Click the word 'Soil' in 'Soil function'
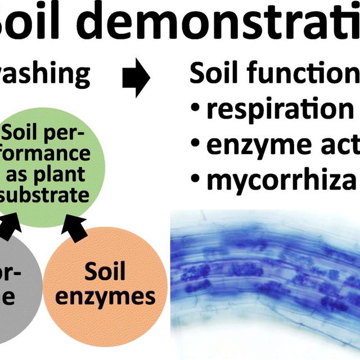210,75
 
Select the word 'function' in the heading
298,75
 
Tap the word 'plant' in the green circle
64,174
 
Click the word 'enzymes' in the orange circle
105,296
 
